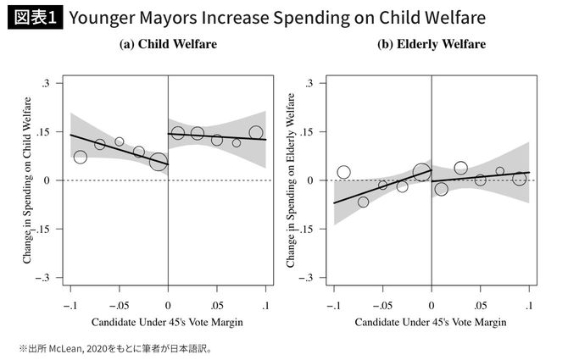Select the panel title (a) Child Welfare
[x=168, y=45]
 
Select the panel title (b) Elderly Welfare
[x=432, y=45]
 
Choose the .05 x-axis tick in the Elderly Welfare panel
[x=481, y=304]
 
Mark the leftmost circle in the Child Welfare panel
[x=81, y=157]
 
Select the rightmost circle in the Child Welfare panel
[x=256, y=132]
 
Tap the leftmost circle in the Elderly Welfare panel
[x=343, y=172]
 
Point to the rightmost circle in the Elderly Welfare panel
[x=520, y=178]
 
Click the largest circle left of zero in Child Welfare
[x=158, y=161]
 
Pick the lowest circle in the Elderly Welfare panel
[x=364, y=202]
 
